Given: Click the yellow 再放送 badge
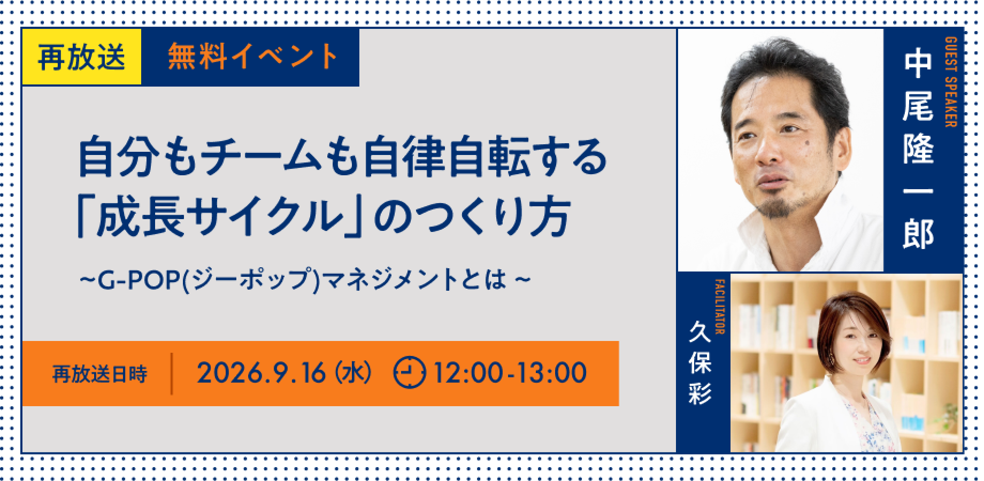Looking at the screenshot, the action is (81, 57).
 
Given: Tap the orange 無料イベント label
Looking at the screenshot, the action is (252, 57).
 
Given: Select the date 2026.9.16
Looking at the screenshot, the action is (261, 373).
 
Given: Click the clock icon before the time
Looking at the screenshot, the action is (410, 373).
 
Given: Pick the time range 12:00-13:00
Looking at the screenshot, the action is (510, 373).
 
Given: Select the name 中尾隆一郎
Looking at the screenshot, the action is (918, 150).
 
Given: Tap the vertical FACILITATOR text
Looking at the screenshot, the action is (719, 307).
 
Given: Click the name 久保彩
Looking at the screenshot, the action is (699, 364).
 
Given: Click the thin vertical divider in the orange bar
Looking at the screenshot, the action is (172, 374).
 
